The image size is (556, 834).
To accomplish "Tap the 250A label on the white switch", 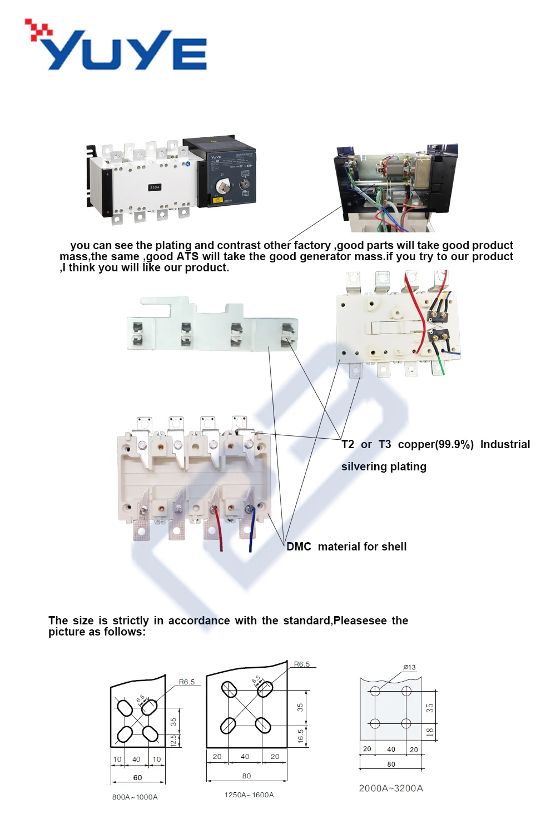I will (x=155, y=187).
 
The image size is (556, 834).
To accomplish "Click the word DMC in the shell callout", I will (x=299, y=547).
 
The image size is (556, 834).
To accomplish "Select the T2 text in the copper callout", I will (x=348, y=444).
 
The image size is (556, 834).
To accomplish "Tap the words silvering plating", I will (x=384, y=466).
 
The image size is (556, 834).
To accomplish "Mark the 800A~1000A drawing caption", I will (x=135, y=797).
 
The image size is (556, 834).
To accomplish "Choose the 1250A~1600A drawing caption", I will (x=249, y=795).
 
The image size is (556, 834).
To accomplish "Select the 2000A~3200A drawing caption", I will (x=391, y=788).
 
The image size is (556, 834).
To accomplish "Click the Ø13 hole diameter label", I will (x=410, y=667).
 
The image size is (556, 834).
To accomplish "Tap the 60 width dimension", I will (x=137, y=777).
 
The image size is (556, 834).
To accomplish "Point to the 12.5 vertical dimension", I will (x=173, y=740).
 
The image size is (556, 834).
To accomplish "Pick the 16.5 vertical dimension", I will (x=300, y=736).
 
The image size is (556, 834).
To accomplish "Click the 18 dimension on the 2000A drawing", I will (x=430, y=732).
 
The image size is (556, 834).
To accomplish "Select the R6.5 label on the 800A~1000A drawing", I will (x=186, y=682).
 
